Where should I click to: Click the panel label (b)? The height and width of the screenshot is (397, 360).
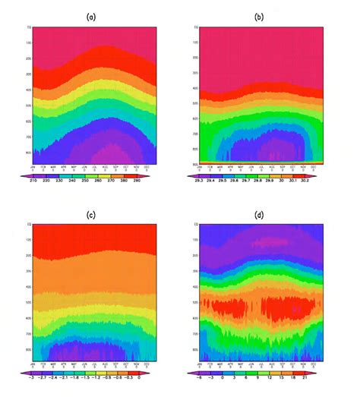point(260,14)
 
